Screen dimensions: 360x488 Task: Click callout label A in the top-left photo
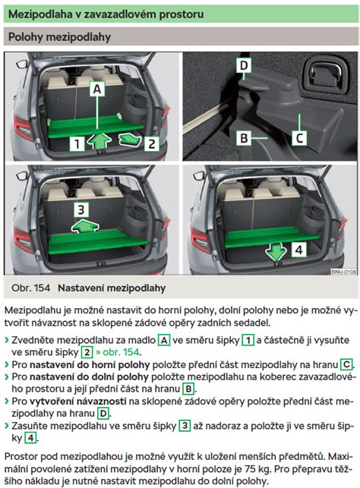(x=97, y=89)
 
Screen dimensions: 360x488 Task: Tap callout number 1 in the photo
(x=77, y=143)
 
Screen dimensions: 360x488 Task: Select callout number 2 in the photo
(x=152, y=143)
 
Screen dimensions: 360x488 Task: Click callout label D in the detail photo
(x=244, y=65)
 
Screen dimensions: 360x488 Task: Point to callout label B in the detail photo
(x=244, y=138)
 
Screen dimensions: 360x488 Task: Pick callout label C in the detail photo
(x=299, y=138)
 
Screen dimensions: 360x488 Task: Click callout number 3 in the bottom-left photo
(x=81, y=209)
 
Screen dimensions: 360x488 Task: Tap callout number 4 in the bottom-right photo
(x=298, y=250)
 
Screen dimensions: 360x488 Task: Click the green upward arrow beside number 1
(x=99, y=141)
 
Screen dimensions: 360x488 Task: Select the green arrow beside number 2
(x=130, y=139)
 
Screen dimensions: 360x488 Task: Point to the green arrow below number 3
(x=84, y=226)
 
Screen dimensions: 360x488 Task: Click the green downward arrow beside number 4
(x=276, y=251)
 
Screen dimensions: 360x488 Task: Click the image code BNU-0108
(x=343, y=272)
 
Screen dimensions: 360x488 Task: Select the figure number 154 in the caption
(x=42, y=288)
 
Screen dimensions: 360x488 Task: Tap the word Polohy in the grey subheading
(x=26, y=36)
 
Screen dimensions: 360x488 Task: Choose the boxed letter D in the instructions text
(x=103, y=414)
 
